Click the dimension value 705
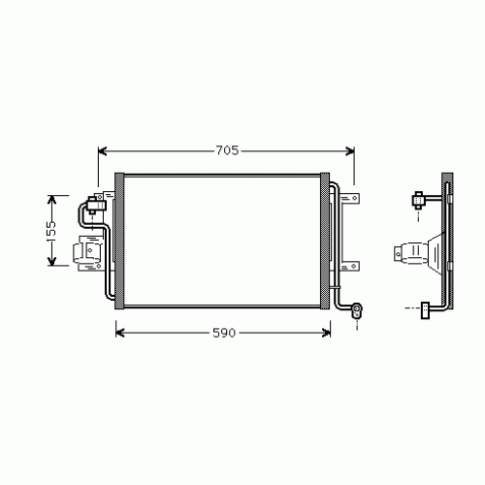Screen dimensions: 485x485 pos(226,150)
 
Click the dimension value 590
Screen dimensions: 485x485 pos(224,333)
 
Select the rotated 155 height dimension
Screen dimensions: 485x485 pos(54,230)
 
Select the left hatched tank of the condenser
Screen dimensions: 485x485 pos(120,242)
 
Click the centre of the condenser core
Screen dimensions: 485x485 pos(223,242)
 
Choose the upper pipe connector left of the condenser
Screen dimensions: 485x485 pos(96,203)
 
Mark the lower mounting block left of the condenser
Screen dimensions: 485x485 pos(88,253)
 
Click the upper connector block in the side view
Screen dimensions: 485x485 pos(418,201)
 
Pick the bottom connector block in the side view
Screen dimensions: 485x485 pos(424,309)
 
